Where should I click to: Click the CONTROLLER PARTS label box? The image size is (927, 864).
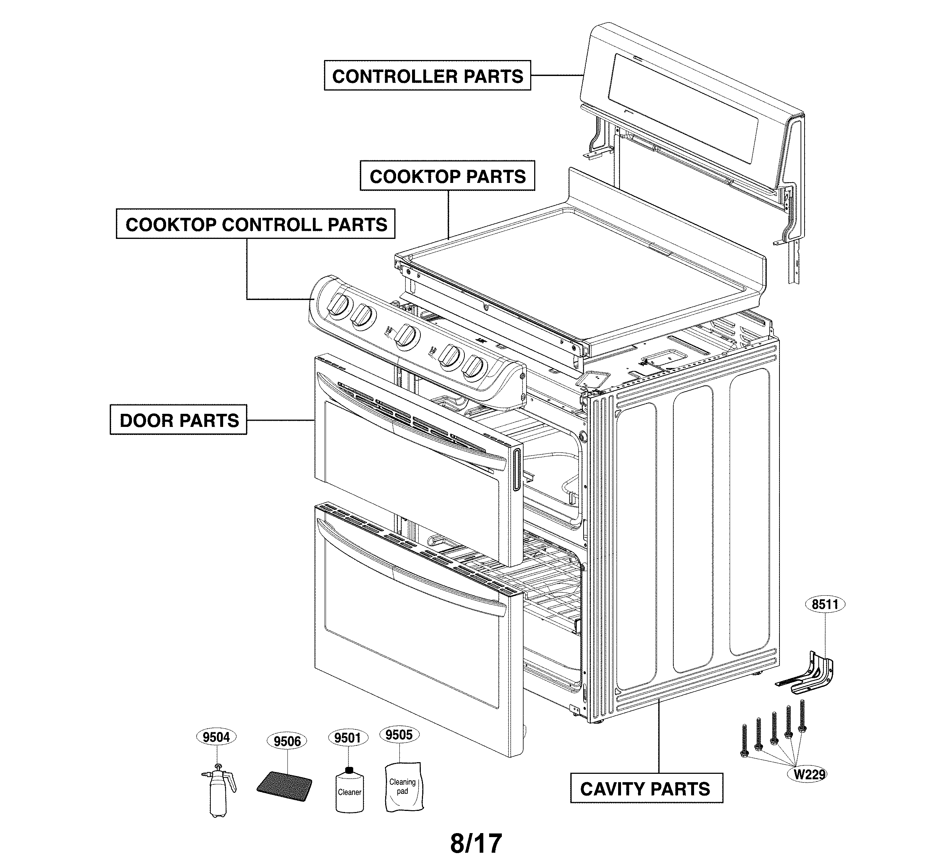[427, 75]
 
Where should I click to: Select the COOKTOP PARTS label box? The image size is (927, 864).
[447, 176]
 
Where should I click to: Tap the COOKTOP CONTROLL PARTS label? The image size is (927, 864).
[255, 224]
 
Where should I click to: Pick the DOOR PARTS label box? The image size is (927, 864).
[178, 420]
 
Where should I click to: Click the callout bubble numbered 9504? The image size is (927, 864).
[216, 737]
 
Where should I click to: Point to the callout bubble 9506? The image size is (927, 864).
[287, 741]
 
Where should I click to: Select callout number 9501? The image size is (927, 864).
[348, 737]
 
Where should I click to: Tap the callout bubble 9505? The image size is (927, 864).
[399, 735]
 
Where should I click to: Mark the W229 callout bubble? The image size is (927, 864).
[810, 775]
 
